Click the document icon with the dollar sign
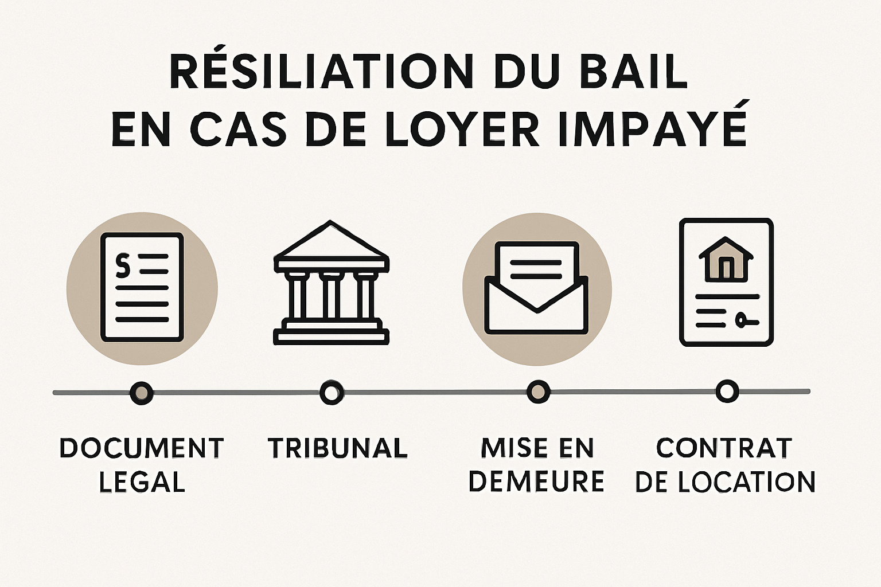tap(142, 287)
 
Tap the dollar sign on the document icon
tap(123, 265)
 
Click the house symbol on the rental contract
tap(726, 259)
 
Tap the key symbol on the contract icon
tap(743, 319)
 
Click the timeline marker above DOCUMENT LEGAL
tap(141, 393)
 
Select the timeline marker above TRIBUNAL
tap(331, 393)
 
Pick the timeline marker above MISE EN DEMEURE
tap(538, 392)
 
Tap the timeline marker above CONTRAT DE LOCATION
tap(727, 391)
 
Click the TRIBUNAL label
tap(337, 448)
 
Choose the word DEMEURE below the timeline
tap(536, 482)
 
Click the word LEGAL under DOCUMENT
tap(142, 482)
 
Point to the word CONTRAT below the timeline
tap(724, 448)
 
